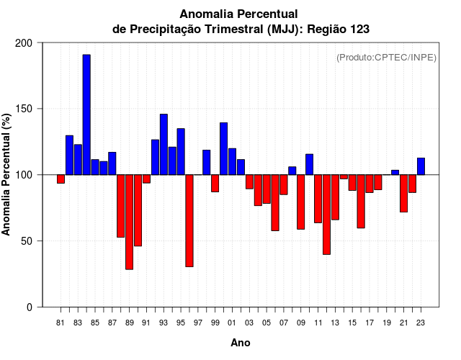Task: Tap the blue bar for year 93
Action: coord(164,144)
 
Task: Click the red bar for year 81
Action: coord(61,179)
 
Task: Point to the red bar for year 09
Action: coord(301,202)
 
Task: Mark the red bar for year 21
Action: coord(404,193)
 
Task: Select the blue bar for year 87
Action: coord(112,163)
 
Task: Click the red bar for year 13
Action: coord(335,197)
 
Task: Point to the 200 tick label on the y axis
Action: coord(24,43)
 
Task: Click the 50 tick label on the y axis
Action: coord(27,241)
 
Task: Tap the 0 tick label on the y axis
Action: coord(30,307)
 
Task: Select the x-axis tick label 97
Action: coord(198,323)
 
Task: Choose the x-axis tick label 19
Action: coord(387,323)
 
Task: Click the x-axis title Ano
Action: coord(241,343)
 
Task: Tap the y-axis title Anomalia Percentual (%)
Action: coord(7,175)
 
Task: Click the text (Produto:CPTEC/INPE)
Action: coord(386,58)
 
